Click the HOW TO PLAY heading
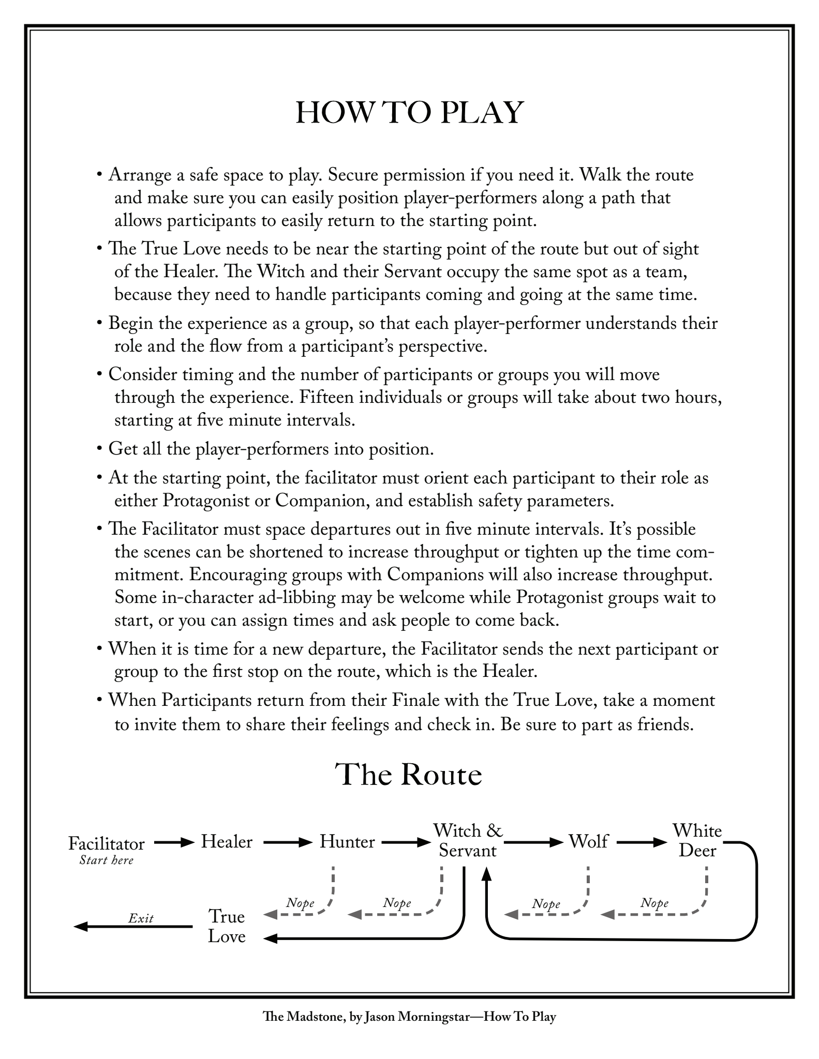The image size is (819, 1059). click(x=409, y=113)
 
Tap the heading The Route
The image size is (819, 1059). click(x=409, y=774)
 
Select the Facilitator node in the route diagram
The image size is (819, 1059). click(x=107, y=843)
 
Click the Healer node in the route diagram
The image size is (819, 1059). click(x=227, y=842)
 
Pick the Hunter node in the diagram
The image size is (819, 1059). click(x=347, y=842)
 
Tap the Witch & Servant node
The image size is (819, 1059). click(x=468, y=841)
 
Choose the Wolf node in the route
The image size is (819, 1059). click(x=588, y=842)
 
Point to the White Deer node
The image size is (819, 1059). click(x=697, y=841)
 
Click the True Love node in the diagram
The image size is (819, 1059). click(x=227, y=926)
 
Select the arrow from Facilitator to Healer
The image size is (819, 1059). click(x=173, y=842)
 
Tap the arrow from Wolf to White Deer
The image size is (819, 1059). click(x=642, y=842)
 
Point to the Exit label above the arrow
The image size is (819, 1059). click(x=141, y=918)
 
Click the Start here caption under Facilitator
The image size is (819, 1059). click(x=107, y=860)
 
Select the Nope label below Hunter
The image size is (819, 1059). click(x=301, y=903)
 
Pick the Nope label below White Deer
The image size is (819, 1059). click(x=654, y=903)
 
